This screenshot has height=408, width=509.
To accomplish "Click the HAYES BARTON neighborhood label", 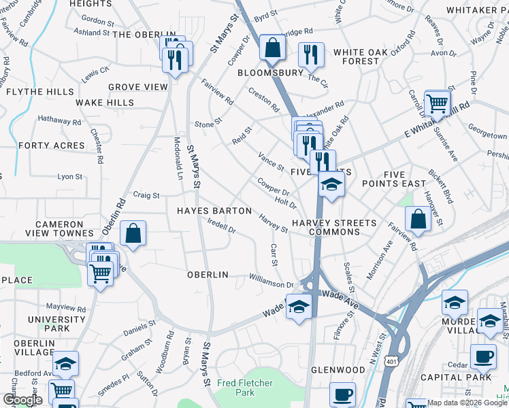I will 214,211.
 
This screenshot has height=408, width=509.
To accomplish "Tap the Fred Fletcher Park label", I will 236,388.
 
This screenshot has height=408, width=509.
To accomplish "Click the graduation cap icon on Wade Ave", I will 299,307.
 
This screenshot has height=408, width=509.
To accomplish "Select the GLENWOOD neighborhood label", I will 338,370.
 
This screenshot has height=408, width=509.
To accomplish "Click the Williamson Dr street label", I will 271,281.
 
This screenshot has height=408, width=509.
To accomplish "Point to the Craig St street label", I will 146,195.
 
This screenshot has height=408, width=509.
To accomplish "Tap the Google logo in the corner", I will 22,400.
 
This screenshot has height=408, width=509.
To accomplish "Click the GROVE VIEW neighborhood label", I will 138,87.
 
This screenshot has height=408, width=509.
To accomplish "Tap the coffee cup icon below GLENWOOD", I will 342,394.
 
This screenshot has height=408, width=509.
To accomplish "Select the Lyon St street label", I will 69,176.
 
